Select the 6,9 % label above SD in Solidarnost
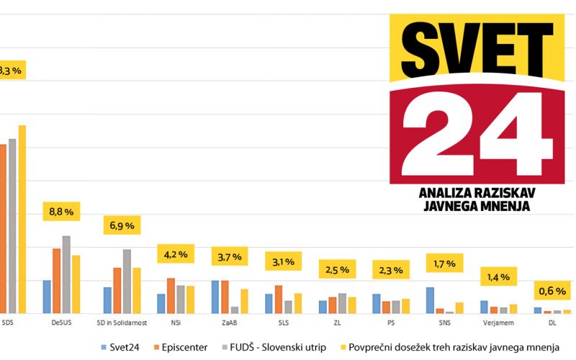[122, 225]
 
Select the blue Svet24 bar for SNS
[430, 300]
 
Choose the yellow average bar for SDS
[22, 220]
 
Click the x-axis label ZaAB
[223, 323]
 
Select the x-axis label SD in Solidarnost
[122, 323]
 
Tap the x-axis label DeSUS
[61, 323]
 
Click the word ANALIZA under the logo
[448, 193]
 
